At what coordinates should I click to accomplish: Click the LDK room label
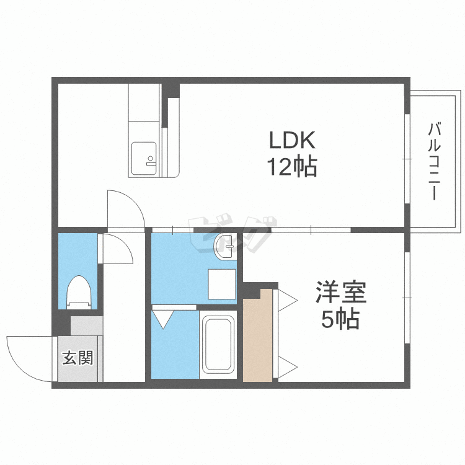pyautogui.click(x=292, y=140)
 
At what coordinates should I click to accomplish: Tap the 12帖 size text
pyautogui.click(x=292, y=167)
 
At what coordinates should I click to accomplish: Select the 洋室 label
pyautogui.click(x=341, y=292)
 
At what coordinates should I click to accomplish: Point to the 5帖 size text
pyautogui.click(x=341, y=319)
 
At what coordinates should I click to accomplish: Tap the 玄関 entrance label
pyautogui.click(x=77, y=358)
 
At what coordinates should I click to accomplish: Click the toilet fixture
pyautogui.click(x=79, y=293)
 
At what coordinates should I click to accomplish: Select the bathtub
pyautogui.click(x=218, y=345)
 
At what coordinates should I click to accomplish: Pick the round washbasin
pyautogui.click(x=225, y=246)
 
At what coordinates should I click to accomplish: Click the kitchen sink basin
pyautogui.click(x=144, y=159)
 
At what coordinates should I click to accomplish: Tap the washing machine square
pyautogui.click(x=222, y=284)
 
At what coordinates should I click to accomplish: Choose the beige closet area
pyautogui.click(x=257, y=335)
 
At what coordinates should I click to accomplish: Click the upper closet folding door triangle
pyautogui.click(x=288, y=301)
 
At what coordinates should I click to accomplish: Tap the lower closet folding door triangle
pyautogui.click(x=288, y=367)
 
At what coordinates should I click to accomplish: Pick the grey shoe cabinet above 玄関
pyautogui.click(x=87, y=325)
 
